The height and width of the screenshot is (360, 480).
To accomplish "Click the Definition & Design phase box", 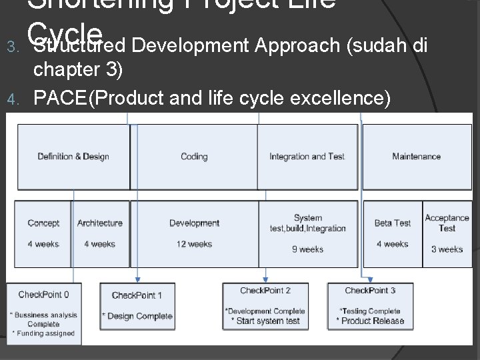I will (73, 157).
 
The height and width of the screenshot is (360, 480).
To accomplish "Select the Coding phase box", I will (194, 157).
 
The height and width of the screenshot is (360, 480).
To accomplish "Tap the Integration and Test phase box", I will (307, 157).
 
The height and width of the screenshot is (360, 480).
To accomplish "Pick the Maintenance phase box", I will (416, 157).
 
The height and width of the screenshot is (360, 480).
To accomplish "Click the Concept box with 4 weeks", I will (43, 233).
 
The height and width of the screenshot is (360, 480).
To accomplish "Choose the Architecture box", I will (100, 233).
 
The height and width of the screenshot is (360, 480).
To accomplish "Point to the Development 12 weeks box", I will (194, 233).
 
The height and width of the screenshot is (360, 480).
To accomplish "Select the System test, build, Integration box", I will (307, 233).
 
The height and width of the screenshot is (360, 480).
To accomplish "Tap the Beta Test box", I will (392, 233).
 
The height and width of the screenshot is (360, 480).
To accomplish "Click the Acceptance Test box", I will (447, 233).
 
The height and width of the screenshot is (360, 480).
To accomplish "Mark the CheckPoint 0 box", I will (43, 313).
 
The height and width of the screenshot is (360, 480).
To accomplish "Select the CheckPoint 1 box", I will (137, 306).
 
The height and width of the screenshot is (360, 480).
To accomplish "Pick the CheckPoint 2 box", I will (265, 306).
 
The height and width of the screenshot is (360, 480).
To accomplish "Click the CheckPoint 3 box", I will (371, 306).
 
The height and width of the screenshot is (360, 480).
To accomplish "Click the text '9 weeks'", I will (307, 249).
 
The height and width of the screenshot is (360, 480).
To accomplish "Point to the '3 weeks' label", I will (447, 249).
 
